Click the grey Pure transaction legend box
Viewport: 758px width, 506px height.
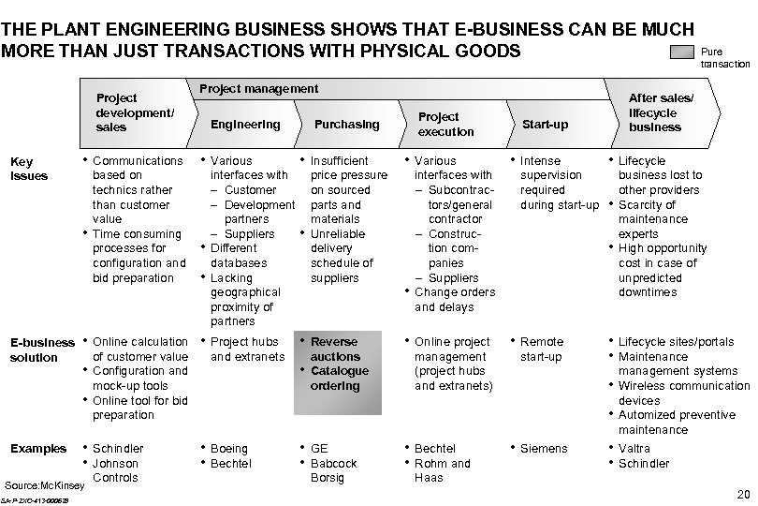tap(683, 53)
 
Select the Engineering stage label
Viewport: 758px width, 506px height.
tap(245, 125)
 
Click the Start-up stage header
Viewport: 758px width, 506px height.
tap(545, 125)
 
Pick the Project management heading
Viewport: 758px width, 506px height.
tap(259, 89)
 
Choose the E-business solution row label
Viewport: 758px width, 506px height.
tap(41, 350)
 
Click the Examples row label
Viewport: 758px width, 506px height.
tap(37, 449)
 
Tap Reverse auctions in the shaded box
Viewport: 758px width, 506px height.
tap(335, 350)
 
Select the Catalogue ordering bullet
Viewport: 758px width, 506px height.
tap(339, 379)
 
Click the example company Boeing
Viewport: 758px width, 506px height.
tap(230, 449)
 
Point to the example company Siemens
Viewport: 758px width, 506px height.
tap(544, 449)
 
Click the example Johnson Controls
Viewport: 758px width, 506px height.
tap(116, 470)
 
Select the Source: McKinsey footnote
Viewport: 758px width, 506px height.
tap(45, 485)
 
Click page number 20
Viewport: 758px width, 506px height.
tap(744, 495)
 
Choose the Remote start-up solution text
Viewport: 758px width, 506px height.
tap(541, 350)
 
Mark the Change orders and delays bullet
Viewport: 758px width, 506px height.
tap(455, 300)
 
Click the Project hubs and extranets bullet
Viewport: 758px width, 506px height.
tap(247, 350)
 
